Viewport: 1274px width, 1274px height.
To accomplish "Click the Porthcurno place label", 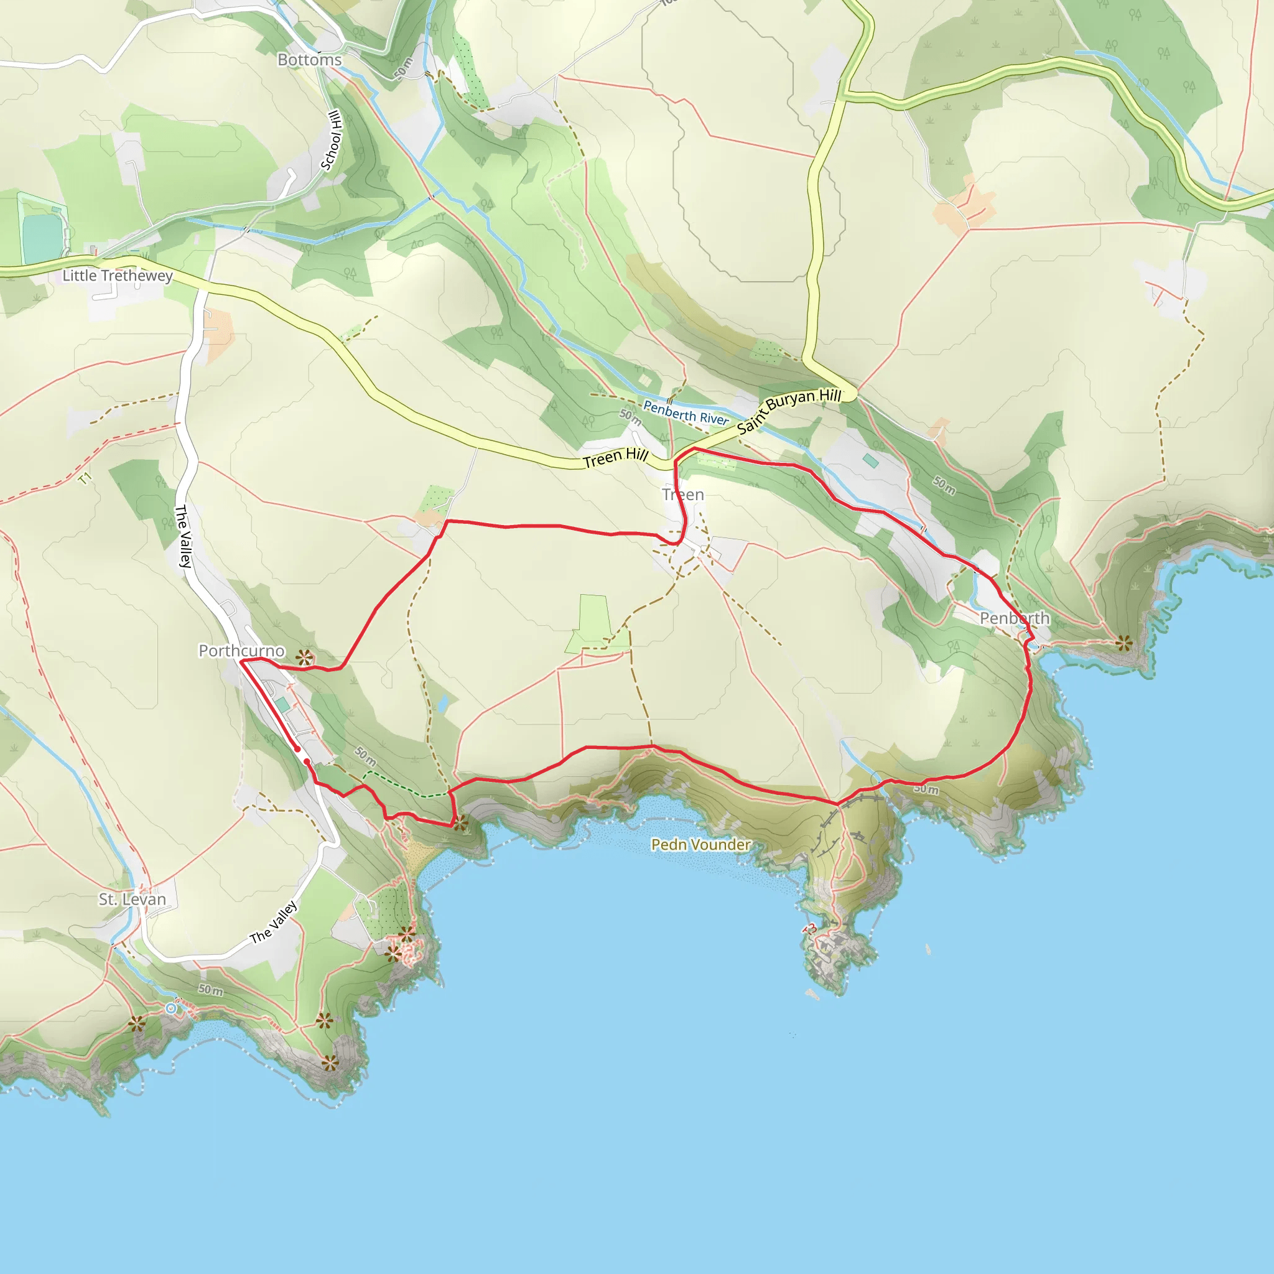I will [241, 651].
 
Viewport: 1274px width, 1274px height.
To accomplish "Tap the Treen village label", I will [683, 495].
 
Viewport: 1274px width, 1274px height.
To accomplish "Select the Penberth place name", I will [1014, 618].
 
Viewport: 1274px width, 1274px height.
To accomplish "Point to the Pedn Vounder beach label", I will [700, 845].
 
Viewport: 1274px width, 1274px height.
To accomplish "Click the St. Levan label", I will [132, 899].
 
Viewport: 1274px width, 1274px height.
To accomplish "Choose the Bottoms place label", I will [309, 60].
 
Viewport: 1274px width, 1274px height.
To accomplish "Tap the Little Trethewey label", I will [118, 276].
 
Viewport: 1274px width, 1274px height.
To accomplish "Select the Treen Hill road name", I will [615, 458].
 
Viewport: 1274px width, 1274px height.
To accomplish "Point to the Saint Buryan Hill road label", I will [789, 410].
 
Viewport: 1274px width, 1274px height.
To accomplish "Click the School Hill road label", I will [332, 141].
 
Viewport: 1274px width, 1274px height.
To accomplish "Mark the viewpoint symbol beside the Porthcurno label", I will [304, 657].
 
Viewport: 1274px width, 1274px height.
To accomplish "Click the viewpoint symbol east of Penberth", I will [1124, 641].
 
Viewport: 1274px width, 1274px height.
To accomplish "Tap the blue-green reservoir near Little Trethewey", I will [41, 238].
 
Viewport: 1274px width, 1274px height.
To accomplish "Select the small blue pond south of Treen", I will [444, 703].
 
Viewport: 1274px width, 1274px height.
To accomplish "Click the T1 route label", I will [85, 480].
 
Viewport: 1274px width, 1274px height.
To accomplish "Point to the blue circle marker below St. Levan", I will [172, 1008].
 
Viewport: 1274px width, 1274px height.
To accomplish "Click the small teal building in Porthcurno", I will [282, 705].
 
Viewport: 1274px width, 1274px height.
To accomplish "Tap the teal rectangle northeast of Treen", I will [870, 460].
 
